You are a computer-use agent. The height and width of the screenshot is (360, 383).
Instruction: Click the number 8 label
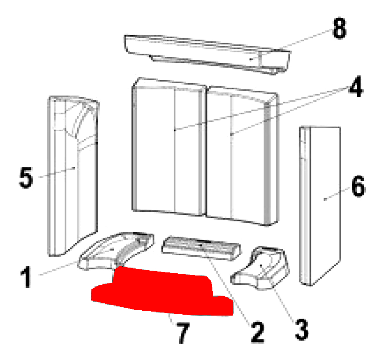[x=339, y=28]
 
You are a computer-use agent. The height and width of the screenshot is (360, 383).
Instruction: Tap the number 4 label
[x=356, y=86]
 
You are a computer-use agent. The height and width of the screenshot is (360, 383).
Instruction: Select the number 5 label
[x=26, y=177]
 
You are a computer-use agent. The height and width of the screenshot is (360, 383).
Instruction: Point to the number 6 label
[x=358, y=186]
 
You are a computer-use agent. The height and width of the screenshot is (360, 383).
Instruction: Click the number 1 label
[x=26, y=277]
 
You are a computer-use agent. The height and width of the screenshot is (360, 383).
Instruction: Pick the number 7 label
[x=183, y=333]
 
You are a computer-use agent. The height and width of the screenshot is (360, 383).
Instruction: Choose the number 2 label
[x=257, y=332]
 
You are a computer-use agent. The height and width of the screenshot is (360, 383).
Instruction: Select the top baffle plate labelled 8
[x=208, y=54]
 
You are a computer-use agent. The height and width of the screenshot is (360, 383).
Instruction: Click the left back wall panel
[x=168, y=147]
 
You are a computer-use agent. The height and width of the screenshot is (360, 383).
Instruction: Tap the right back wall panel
[x=242, y=156]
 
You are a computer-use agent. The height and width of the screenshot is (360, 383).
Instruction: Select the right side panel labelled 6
[x=320, y=205]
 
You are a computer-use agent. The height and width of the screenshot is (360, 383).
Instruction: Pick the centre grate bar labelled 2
[x=201, y=248]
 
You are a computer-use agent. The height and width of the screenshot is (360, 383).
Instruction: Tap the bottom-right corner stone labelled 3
[x=261, y=268]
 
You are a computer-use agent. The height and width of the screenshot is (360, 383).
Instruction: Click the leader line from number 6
[x=337, y=194]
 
